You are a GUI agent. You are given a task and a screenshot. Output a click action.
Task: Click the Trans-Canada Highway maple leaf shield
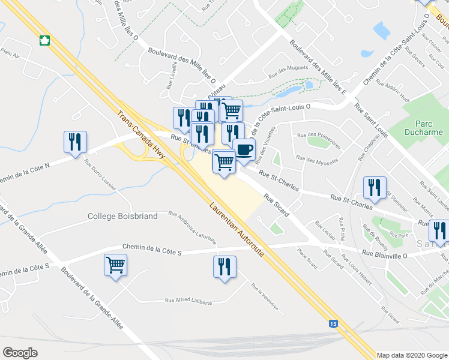pos(44,41)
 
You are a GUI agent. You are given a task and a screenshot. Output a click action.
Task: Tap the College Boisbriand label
pos(122,216)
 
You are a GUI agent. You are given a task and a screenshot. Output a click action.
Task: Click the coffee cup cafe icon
pos(243,149)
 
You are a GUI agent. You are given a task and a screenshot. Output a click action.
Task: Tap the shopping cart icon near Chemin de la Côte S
pos(115,264)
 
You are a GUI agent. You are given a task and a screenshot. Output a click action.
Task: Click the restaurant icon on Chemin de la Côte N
pos(75,142)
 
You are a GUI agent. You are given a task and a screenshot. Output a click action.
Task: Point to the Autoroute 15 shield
pos(333,324)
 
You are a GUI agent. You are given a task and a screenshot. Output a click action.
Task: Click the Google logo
pos(20,353)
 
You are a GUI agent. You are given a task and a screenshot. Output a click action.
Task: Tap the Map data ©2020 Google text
pos(411,355)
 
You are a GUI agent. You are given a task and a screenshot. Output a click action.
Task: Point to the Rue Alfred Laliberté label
pos(188,302)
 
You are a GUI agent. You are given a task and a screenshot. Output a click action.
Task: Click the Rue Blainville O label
pos(384,254)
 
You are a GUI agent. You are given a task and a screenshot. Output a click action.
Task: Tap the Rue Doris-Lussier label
pos(101,174)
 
